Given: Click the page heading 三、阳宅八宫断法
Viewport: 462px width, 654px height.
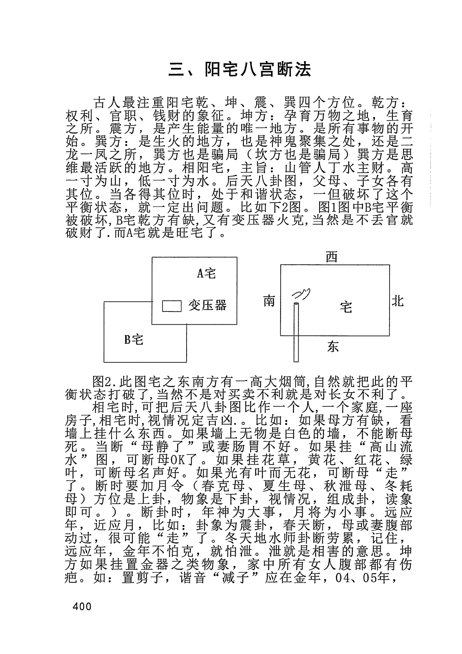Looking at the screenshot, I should pyautogui.click(x=240, y=70).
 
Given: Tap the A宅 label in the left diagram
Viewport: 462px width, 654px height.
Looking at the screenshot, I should pyautogui.click(x=207, y=273).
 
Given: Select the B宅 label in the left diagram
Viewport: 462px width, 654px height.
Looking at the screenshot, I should pyautogui.click(x=133, y=340).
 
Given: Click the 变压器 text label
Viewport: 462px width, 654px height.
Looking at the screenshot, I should pyautogui.click(x=208, y=305).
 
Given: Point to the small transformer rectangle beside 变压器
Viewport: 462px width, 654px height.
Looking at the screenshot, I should pyautogui.click(x=172, y=306).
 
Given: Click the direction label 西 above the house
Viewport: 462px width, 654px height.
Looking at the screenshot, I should pyautogui.click(x=332, y=258).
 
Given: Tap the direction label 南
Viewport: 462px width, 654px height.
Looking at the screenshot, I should pyautogui.click(x=269, y=301).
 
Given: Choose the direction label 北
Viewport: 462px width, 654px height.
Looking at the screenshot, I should pyautogui.click(x=398, y=301).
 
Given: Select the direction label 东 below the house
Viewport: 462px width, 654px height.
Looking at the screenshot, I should pyautogui.click(x=333, y=346).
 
